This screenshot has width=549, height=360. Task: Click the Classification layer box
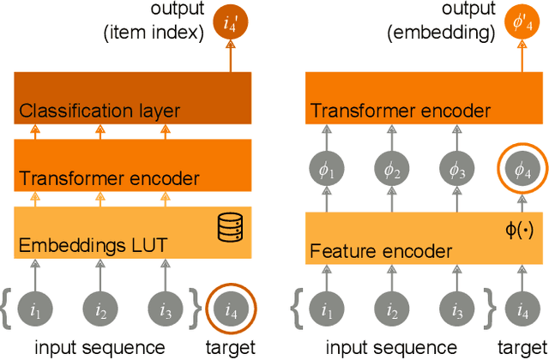point(132,98)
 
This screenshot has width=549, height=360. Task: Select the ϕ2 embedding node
point(392,171)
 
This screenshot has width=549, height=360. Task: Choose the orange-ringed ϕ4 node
point(521,171)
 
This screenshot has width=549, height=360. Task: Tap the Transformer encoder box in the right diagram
point(425,98)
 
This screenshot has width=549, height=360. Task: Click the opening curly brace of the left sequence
point(7,307)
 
